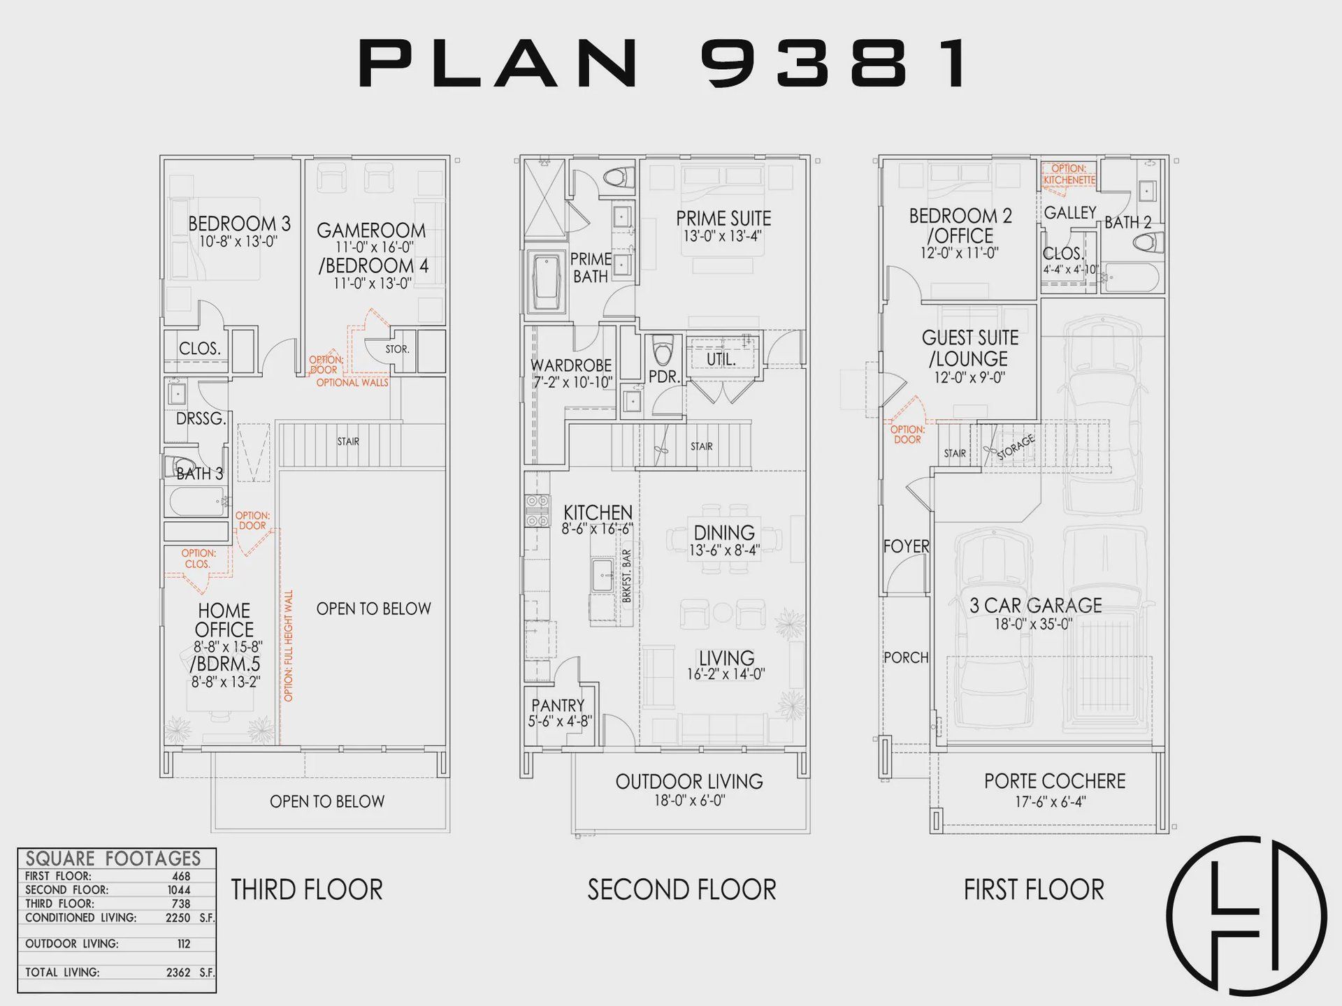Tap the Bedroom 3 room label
tap(239, 224)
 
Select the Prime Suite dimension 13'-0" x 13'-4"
tap(723, 237)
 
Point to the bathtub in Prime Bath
tap(547, 281)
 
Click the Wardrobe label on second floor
tap(571, 365)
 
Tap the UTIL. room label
tap(721, 359)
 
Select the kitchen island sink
tap(602, 576)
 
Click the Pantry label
tap(558, 706)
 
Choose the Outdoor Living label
tap(689, 782)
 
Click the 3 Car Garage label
tap(1035, 606)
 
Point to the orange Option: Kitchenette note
tap(1069, 175)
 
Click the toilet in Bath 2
tap(1146, 243)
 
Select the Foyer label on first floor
tap(906, 546)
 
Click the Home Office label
tap(224, 620)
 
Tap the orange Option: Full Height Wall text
tap(289, 646)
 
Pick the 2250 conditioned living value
tap(178, 918)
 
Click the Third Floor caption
tap(307, 890)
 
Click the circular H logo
tap(1246, 915)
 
